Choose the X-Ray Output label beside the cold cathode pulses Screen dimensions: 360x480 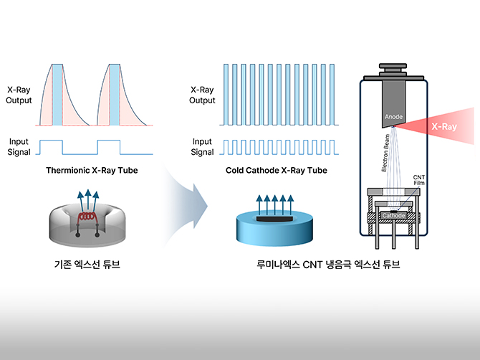(202, 96)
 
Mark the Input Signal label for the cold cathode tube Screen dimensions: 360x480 (202, 147)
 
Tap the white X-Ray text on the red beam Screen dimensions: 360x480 (443, 126)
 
